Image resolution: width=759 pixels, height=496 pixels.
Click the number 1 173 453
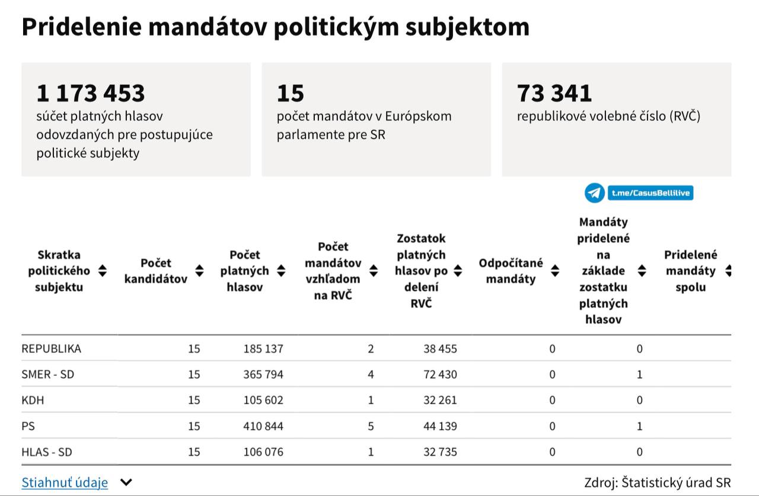(x=91, y=93)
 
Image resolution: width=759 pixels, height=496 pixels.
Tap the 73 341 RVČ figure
(x=554, y=93)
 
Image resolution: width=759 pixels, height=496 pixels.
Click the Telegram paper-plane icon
(x=595, y=193)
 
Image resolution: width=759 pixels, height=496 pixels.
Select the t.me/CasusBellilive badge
(x=650, y=193)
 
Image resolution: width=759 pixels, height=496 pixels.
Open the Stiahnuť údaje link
(x=65, y=482)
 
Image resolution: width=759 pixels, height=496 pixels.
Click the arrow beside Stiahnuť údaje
(x=126, y=482)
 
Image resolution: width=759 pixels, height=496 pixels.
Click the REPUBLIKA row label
(x=51, y=348)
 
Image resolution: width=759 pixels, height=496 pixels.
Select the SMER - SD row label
(x=47, y=375)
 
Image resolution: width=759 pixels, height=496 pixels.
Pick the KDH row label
(x=33, y=400)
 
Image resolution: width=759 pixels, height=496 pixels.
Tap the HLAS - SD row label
(x=46, y=452)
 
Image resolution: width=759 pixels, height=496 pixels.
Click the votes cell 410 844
(x=263, y=426)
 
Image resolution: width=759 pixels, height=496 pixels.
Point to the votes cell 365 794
(x=263, y=375)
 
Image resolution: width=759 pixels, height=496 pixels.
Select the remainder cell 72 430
(x=440, y=375)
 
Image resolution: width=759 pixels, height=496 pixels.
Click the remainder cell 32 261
(x=440, y=400)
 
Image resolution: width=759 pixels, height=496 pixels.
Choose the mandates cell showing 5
(x=371, y=426)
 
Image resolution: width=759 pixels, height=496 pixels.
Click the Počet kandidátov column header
(x=155, y=271)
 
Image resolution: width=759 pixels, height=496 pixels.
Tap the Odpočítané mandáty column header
(x=511, y=271)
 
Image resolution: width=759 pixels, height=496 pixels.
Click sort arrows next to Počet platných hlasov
(x=281, y=271)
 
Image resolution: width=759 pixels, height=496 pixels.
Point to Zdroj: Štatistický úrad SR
(x=657, y=482)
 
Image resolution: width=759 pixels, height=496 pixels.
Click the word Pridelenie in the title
(x=77, y=27)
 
